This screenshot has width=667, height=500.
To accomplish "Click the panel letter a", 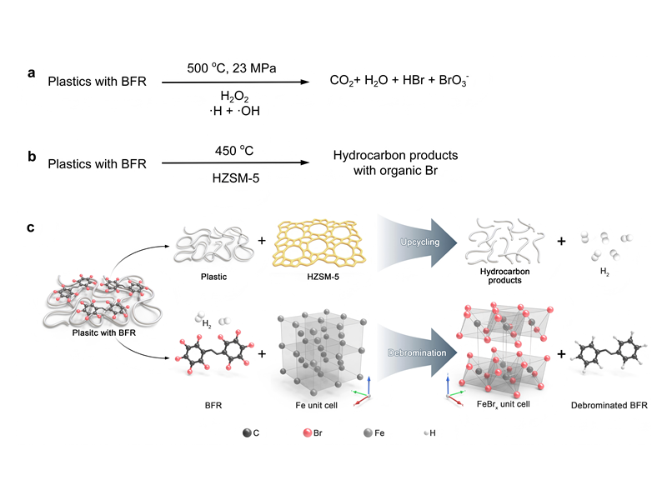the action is (32, 73).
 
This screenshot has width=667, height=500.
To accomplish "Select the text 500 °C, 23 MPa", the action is (232, 68).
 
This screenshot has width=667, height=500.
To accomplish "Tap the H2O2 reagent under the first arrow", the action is (234, 96).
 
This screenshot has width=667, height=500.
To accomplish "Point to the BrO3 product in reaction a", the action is (454, 80).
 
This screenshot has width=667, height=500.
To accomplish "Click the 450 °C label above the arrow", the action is (234, 151).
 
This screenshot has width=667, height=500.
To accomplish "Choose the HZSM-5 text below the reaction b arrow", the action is (236, 177).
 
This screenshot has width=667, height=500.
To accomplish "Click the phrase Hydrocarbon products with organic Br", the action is (395, 162).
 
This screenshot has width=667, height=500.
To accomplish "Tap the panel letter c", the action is (31, 227).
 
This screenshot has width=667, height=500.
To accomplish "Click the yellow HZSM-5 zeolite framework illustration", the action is (319, 242).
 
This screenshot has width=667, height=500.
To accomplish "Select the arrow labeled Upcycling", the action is (417, 242).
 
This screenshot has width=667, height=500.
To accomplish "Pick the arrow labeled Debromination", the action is (417, 352).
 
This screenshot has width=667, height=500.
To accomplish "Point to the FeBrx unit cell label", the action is (504, 404).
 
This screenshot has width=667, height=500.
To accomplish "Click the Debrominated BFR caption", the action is (609, 405).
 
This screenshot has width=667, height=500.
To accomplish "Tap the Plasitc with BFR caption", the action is (103, 332).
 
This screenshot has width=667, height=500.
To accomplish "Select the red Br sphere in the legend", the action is (307, 432).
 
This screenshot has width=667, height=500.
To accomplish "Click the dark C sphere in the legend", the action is (247, 432).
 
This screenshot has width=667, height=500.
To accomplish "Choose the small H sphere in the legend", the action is (427, 433).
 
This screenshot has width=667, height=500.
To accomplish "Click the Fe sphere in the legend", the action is (368, 432).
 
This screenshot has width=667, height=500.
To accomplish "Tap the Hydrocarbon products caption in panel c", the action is (505, 276).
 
